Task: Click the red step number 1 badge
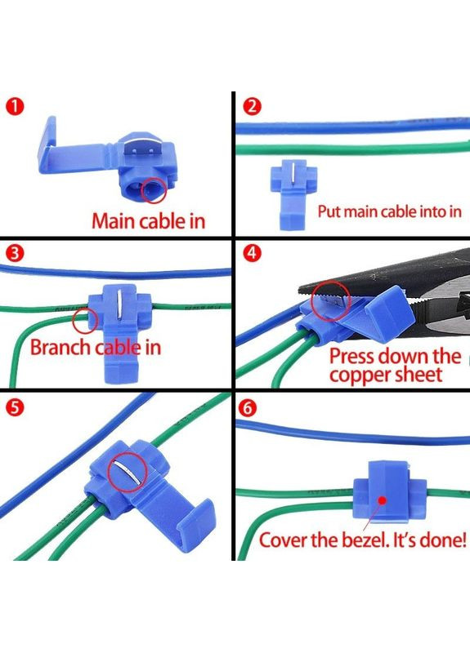click(x=15, y=107)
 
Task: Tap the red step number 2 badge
click(x=252, y=107)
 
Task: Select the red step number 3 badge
click(x=15, y=254)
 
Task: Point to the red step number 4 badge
click(x=252, y=254)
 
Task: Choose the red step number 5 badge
click(x=15, y=408)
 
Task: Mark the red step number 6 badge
click(x=248, y=408)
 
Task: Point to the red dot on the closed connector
click(x=383, y=500)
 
